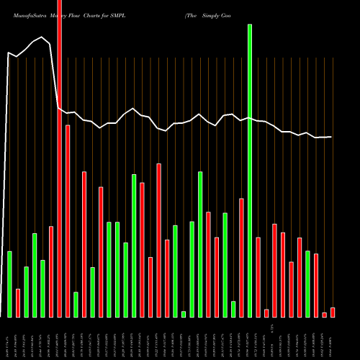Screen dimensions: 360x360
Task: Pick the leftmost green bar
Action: (9, 284)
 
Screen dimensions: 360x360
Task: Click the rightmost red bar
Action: (333, 312)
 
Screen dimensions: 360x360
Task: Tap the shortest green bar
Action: (184, 314)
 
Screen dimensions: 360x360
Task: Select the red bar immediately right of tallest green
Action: (258, 277)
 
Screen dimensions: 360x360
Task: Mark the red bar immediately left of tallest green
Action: (241, 258)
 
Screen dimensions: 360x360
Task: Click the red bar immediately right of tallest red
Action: (68, 221)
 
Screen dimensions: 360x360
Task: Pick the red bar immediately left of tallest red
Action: (51, 271)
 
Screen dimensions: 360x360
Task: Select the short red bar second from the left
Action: (18, 303)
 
